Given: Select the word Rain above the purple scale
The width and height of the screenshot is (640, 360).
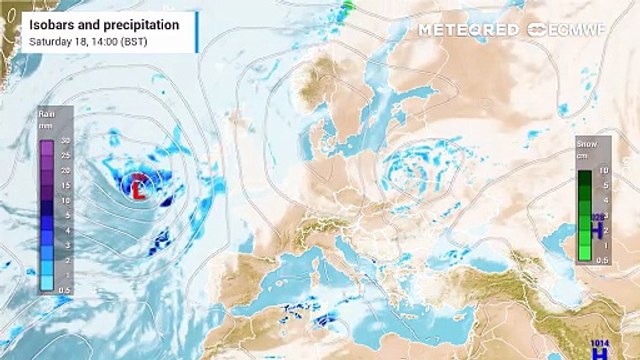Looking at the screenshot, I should coord(46,114).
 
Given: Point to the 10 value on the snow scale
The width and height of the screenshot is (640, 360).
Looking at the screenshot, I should coord(603,171).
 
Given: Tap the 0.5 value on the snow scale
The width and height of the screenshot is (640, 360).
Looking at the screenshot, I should coord(601,259).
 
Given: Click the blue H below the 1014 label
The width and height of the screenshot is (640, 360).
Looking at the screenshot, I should coord(600,353).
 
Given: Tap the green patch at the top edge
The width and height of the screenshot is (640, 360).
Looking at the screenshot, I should coord(348,6).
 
